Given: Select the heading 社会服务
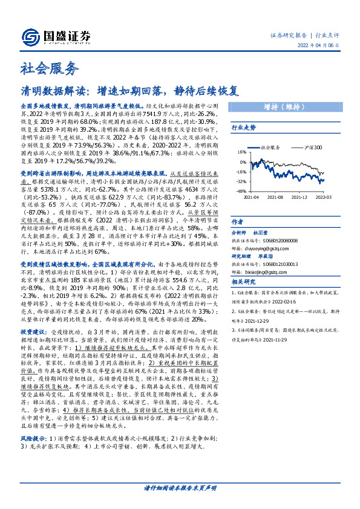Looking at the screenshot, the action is point(42,68).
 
